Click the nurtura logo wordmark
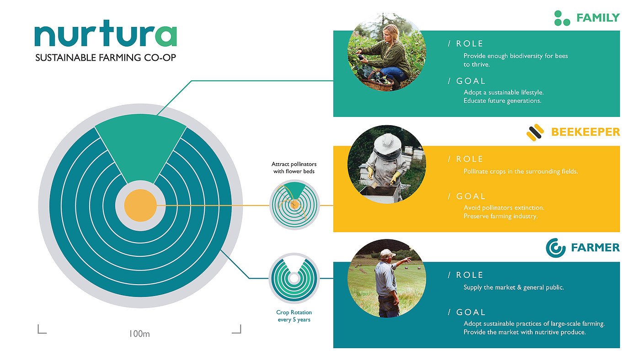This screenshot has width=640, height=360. pos(106,33)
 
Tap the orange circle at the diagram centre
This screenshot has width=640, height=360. pos(140,205)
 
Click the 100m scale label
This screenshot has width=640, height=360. pos(139,334)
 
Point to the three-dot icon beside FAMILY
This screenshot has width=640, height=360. pos(562,18)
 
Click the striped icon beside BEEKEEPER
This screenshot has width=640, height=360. pos(535,132)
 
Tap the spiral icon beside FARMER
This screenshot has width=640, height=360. pos(555,248)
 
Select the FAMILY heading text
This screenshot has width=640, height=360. pos(598,18)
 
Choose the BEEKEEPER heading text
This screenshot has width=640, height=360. pos(586,132)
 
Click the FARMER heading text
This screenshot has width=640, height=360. pos(595,248)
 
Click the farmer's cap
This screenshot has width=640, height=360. pos(388,253)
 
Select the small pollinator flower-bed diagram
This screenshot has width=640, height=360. pos(294,205)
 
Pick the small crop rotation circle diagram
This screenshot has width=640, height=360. pos(294,278)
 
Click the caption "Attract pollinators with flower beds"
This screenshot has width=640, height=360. pos(294,168)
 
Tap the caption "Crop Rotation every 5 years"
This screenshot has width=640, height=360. pos(294,316)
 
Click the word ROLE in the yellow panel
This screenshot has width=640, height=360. pos(469,159)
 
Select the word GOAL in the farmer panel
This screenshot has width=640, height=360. pos(470,312)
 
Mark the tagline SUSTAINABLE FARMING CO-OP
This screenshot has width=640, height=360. pos(106,58)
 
